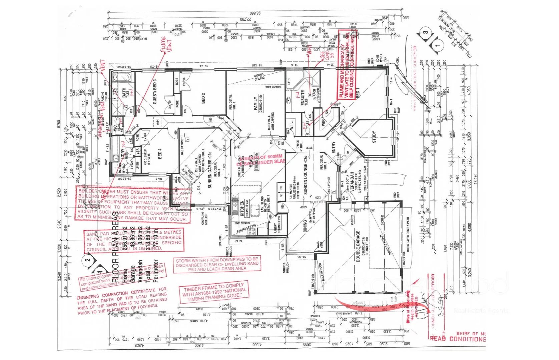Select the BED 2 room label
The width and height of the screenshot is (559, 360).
(203, 98)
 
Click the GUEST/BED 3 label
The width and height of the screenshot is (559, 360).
(155, 92)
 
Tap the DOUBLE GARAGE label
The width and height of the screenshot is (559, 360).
(358, 246)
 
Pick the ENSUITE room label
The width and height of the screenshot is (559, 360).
(303, 98)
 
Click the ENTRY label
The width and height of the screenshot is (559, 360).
(334, 148)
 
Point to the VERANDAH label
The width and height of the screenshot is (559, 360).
(352, 182)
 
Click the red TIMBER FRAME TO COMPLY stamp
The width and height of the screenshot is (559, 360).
(213, 292)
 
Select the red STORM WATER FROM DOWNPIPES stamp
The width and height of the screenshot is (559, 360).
(217, 264)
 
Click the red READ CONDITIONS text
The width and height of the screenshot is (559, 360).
(458, 339)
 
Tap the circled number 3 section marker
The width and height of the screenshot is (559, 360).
(425, 33)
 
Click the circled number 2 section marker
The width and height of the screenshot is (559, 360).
(88, 260)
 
